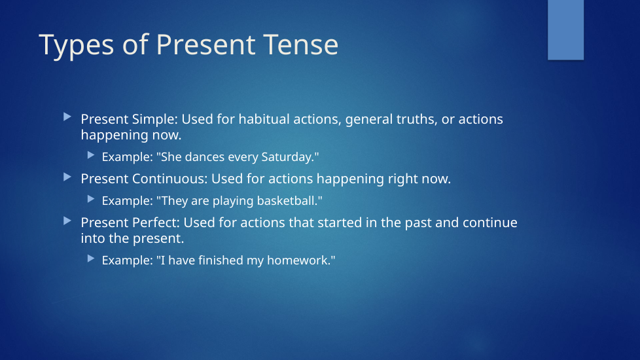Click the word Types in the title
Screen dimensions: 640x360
tap(77, 45)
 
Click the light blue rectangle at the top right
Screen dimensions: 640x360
tap(565, 30)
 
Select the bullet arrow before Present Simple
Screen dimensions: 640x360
tap(67, 117)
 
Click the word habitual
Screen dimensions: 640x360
tap(264, 118)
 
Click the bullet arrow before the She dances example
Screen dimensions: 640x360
tap(91, 155)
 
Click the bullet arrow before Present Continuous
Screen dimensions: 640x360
tap(67, 177)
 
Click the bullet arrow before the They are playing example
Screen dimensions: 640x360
tap(91, 199)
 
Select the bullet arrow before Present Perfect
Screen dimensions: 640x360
tap(67, 221)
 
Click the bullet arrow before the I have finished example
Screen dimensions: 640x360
tap(91, 259)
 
